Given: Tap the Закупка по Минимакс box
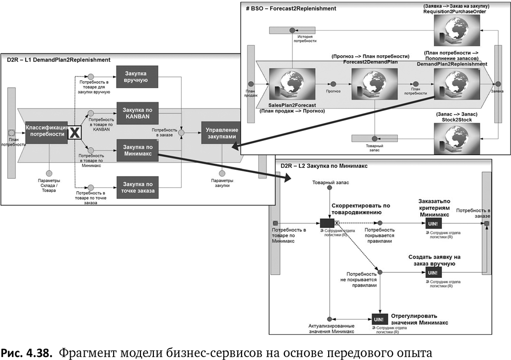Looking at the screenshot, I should coord(137,149).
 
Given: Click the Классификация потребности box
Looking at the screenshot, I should coord(46,131).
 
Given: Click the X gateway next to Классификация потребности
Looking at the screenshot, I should coord(74,132).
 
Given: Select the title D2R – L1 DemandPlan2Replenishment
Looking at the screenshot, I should coord(59,60).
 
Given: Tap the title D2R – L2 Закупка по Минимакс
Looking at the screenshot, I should coord(324,166).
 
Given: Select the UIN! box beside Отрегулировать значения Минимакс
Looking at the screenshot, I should coord(378,319).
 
